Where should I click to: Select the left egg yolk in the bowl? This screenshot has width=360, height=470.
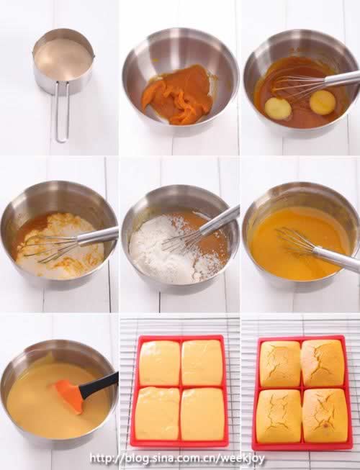pyautogui.click(x=278, y=109)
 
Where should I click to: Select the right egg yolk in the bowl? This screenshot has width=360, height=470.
pyautogui.click(x=323, y=101)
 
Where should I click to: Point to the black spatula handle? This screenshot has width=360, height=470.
pyautogui.click(x=98, y=385)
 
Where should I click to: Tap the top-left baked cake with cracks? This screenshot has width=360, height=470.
pyautogui.click(x=280, y=363)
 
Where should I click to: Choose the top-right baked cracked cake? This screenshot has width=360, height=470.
pyautogui.click(x=323, y=362)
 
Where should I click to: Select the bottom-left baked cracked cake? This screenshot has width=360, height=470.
pyautogui.click(x=278, y=412)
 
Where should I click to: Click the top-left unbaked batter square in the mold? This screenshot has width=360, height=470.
pyautogui.click(x=160, y=363)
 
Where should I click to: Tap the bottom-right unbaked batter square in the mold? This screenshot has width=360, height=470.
pyautogui.click(x=203, y=414)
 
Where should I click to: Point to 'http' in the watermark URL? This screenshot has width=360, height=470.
pyautogui.click(x=100, y=458)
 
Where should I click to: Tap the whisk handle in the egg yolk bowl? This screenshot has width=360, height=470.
pyautogui.click(x=342, y=78)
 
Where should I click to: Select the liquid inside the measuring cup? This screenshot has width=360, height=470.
pyautogui.click(x=64, y=59)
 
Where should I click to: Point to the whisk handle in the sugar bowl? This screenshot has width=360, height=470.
pyautogui.click(x=98, y=234)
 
